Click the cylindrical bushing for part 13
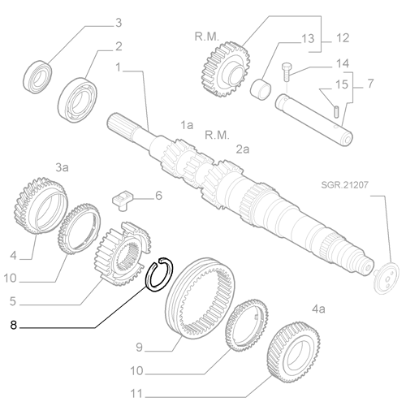263,86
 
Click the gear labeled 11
292,349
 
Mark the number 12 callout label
342,37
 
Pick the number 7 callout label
369,84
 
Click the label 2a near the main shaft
243,150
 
